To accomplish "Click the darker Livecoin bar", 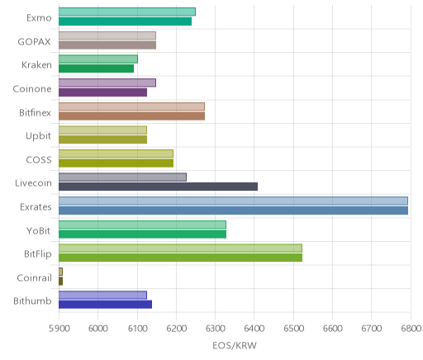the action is [x=158, y=187].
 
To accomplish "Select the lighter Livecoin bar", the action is [x=122, y=177].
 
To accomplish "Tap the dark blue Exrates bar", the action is [x=233, y=211].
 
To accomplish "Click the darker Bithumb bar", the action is [x=105, y=305].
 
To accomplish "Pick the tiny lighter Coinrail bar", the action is [x=60, y=272].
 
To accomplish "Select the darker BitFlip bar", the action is [x=180, y=258].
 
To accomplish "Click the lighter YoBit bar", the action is [x=142, y=225].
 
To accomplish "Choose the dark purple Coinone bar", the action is [x=102, y=92].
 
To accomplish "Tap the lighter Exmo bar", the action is [x=127, y=12].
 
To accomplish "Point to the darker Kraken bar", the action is [x=96, y=69].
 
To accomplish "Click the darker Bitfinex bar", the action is [x=131, y=116].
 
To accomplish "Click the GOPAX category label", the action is [x=34, y=41].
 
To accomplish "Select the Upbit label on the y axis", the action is [x=38, y=136].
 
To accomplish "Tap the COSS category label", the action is [x=39, y=159].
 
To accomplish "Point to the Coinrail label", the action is [x=34, y=277].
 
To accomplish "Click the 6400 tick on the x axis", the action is [x=254, y=329].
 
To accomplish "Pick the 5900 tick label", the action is [x=59, y=329].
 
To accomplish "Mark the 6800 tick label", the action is [x=411, y=329].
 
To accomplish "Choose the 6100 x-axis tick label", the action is [x=137, y=329].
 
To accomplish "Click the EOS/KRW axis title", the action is [x=235, y=345].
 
